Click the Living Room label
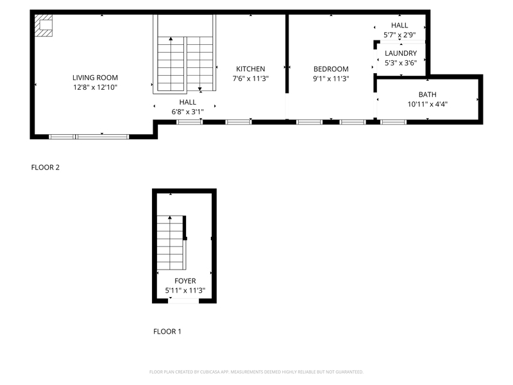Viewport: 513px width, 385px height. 95,78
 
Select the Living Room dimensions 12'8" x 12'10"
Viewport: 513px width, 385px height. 95,87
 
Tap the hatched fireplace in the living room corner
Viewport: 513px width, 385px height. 44,26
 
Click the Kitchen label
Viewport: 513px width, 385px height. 250,69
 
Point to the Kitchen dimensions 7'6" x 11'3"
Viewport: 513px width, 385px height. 250,78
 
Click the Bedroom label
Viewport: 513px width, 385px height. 331,69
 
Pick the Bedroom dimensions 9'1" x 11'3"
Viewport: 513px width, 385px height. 331,78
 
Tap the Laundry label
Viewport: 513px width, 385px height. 401,53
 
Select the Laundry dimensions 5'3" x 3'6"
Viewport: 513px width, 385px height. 401,62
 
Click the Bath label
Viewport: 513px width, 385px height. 427,95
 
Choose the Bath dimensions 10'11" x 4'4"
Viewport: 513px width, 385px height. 427,104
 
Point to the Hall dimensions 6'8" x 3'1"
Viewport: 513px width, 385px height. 187,112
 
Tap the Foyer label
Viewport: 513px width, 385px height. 185,281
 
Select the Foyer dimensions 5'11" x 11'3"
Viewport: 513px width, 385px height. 185,290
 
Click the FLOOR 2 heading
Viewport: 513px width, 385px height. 46,167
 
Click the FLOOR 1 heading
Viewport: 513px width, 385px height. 167,332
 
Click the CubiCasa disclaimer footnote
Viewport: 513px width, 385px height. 256,372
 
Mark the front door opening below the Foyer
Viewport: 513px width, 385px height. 184,300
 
